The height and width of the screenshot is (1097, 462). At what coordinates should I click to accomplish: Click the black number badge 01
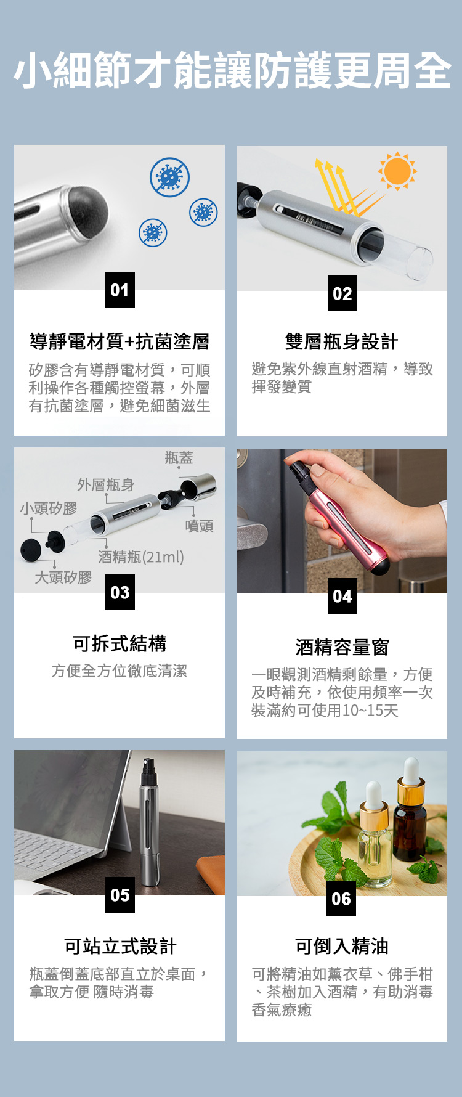click(120, 290)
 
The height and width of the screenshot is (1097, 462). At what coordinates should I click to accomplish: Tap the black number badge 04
click(342, 596)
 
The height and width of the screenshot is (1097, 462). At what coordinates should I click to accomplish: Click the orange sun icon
click(397, 171)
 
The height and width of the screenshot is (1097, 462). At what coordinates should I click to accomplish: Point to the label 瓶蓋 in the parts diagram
click(179, 457)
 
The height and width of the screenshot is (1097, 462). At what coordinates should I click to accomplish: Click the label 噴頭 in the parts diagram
click(199, 526)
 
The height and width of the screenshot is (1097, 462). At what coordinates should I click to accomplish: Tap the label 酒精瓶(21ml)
click(141, 557)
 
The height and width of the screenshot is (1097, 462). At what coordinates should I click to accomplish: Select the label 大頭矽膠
click(63, 577)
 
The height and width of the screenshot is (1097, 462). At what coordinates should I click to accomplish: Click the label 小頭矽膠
click(49, 508)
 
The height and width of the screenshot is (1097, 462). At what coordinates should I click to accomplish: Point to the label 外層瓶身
click(105, 485)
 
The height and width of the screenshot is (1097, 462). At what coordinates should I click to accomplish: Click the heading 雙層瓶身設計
click(341, 341)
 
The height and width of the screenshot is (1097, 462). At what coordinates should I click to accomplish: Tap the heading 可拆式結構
click(120, 643)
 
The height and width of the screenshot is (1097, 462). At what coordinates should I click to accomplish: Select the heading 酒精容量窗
click(342, 647)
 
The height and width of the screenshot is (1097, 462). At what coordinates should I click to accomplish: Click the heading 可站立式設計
click(120, 946)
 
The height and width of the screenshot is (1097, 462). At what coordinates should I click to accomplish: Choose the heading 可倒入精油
click(341, 946)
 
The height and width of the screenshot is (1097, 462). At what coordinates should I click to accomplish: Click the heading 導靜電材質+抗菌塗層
click(120, 341)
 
